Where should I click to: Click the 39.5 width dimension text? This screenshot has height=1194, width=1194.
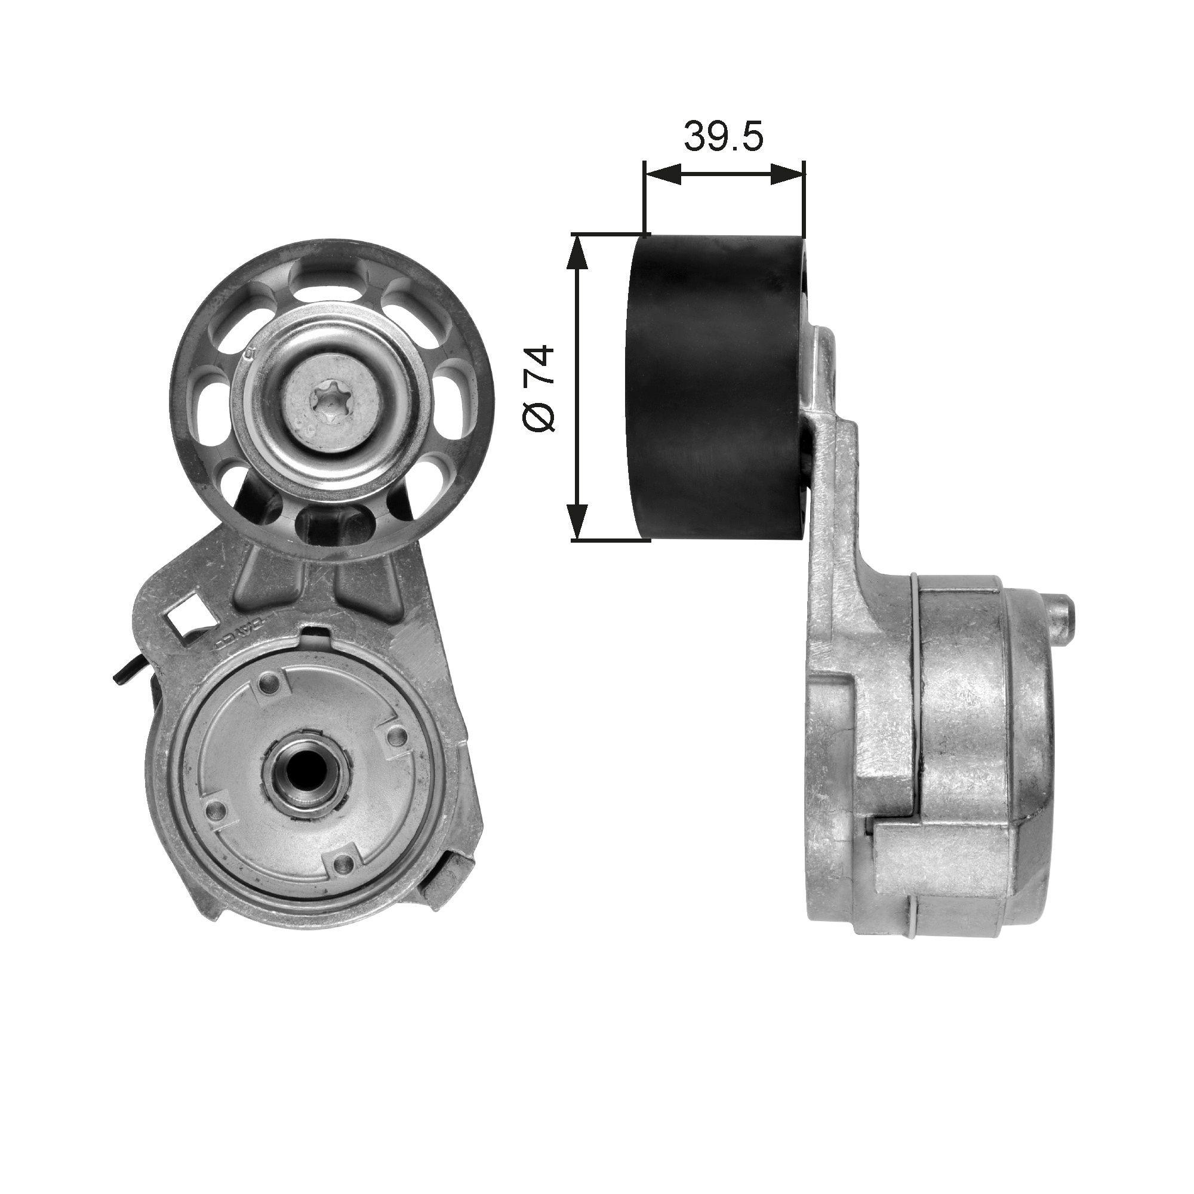point(724,139)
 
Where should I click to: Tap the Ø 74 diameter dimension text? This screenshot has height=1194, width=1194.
point(538,389)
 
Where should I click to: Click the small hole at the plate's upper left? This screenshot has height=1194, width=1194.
point(267,684)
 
